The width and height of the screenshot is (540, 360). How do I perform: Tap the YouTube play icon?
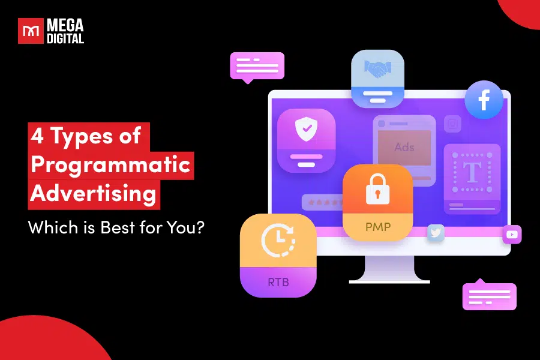tap(512, 235)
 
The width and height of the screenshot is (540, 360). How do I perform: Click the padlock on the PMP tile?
tap(377, 191)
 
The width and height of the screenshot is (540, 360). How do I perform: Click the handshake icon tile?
tap(377, 71)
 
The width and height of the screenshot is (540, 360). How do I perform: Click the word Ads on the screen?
tap(404, 147)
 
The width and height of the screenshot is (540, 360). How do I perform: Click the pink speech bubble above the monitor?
tap(257, 65)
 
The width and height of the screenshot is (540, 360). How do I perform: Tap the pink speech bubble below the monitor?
tap(489, 296)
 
